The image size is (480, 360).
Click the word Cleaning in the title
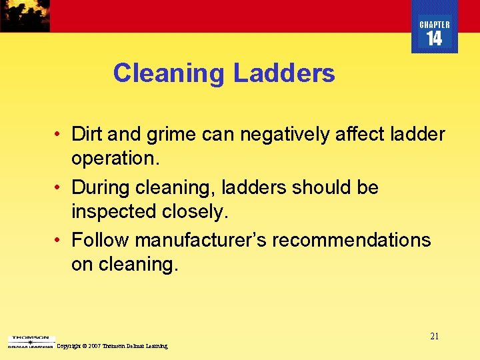pos(167,73)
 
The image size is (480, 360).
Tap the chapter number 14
pos(434,39)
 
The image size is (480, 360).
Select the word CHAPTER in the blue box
pos(435,25)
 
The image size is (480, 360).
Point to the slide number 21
pos(434,336)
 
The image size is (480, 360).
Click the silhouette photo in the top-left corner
pos(25,15)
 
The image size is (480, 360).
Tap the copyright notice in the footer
pos(112,346)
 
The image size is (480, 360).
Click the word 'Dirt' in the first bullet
pos(87,135)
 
